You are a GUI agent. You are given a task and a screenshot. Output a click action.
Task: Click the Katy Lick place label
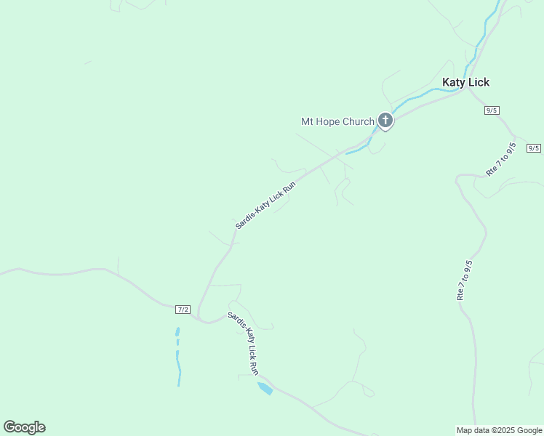(x=465, y=82)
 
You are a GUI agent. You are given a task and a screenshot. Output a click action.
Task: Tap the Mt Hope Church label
(x=337, y=121)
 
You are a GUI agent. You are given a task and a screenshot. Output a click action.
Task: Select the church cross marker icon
(x=385, y=121)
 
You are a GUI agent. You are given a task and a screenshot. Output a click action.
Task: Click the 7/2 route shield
(x=183, y=310)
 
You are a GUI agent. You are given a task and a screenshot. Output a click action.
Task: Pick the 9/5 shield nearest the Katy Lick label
(x=492, y=110)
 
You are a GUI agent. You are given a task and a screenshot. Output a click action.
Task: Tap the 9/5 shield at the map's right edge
(x=534, y=148)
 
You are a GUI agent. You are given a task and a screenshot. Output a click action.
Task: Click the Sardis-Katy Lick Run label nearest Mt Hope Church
(x=265, y=205)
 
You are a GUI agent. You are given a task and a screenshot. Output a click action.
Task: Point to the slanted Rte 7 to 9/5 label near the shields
(x=501, y=159)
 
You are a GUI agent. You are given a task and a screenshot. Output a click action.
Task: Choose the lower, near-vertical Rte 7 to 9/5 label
(x=464, y=280)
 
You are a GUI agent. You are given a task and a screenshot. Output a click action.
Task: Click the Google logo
(x=24, y=427)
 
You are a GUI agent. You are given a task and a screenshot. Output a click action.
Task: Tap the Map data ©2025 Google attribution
(x=499, y=430)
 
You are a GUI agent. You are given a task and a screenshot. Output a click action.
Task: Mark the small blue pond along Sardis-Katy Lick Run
(x=265, y=388)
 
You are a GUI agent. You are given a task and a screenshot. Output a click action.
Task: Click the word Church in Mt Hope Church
(x=356, y=121)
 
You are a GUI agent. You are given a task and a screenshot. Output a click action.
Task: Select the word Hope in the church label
(x=327, y=121)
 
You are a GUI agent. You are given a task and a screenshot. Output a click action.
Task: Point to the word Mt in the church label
(x=307, y=121)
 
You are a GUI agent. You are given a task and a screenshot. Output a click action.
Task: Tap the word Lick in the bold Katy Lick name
(x=479, y=82)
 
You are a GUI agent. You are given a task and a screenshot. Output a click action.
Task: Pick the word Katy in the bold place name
(x=454, y=82)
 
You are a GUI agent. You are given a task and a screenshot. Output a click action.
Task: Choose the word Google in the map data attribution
(x=529, y=430)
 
